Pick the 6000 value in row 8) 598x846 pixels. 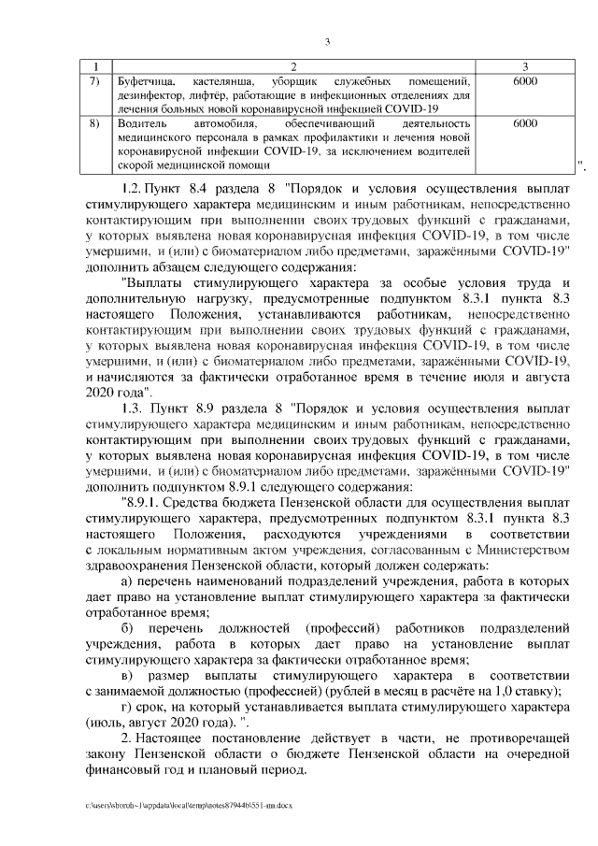525,123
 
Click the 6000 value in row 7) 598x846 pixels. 525,82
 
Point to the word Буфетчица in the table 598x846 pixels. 141,82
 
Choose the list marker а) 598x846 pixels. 129,581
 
